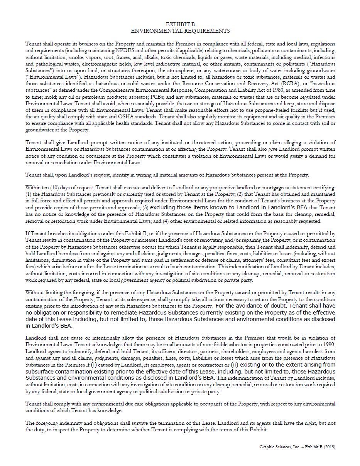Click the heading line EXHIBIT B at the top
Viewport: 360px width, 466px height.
(x=180, y=24)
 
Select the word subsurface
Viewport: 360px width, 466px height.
(x=39, y=372)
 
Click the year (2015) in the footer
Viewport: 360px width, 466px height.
(x=329, y=447)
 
